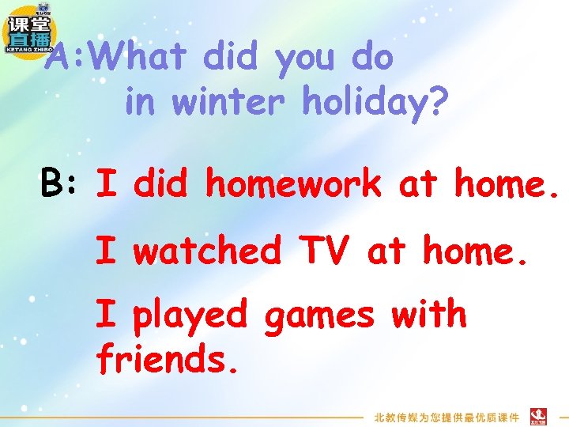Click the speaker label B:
tap(61, 184)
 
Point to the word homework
tap(293, 184)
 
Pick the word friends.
tap(166, 359)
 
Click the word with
tap(429, 315)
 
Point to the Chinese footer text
tap(447, 417)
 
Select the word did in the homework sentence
tap(161, 184)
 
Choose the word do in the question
tap(371, 58)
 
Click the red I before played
tap(104, 315)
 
